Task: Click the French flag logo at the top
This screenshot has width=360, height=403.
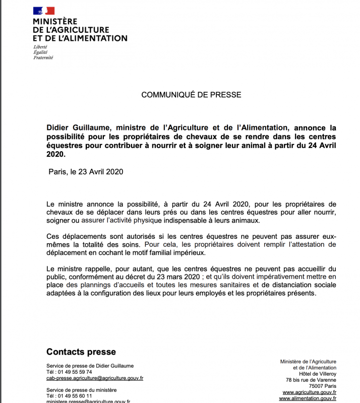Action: pyautogui.click(x=44, y=11)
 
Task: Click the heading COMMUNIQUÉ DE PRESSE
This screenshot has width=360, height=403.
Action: pyautogui.click(x=191, y=95)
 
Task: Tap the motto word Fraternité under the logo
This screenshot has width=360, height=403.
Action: pyautogui.click(x=43, y=57)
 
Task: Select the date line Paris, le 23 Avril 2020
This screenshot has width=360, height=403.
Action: pyautogui.click(x=86, y=171)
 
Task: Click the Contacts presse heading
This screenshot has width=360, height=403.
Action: pyautogui.click(x=81, y=352)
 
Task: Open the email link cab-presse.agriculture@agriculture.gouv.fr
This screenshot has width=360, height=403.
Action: pyautogui.click(x=95, y=378)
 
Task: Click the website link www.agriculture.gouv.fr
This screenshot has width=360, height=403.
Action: pyautogui.click(x=310, y=392)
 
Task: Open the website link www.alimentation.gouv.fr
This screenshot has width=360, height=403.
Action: pyautogui.click(x=308, y=398)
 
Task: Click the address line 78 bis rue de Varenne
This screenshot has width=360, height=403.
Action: pyautogui.click(x=311, y=380)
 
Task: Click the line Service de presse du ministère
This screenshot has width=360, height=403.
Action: pyautogui.click(x=81, y=390)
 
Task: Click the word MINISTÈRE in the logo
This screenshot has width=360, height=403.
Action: pyautogui.click(x=55, y=22)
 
